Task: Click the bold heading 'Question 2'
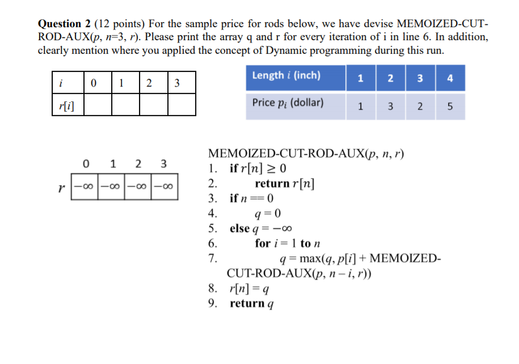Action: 64,24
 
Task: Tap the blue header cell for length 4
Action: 450,78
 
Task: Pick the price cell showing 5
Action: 450,106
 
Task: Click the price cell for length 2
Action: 390,106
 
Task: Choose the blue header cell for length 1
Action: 361,78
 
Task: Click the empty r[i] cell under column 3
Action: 182,104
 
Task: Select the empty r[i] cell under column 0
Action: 96,104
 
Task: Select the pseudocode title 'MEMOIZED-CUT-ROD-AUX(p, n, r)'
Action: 306,153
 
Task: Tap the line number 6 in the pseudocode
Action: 213,244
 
